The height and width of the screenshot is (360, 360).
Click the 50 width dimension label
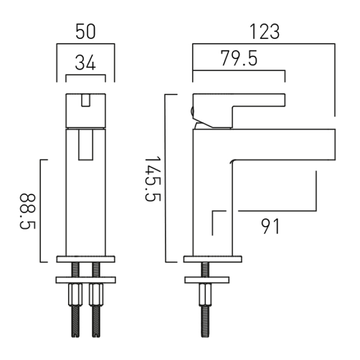tap(85, 31)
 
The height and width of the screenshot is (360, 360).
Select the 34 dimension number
tap(85, 63)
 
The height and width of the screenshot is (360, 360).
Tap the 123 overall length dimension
tap(265, 31)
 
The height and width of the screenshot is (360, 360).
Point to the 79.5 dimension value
tap(239, 58)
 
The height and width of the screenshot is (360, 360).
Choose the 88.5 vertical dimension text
tap(27, 211)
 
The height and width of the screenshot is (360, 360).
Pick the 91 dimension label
tap(270, 226)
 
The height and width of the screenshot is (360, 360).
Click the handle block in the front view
tap(85, 110)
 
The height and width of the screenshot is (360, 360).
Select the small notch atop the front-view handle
tap(85, 100)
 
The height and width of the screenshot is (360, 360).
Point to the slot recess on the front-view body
tap(85, 144)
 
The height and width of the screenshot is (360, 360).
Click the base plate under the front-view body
tap(85, 259)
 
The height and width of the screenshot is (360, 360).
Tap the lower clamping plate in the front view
tap(85, 280)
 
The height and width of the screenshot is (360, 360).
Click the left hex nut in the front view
tap(75, 295)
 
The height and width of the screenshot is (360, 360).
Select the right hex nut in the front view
tap(96, 295)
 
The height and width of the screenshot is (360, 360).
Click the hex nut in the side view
tap(205, 295)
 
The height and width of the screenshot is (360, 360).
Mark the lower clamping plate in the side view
tap(207, 280)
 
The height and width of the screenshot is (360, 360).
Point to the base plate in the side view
tap(212, 259)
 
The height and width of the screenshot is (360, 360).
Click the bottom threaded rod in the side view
tap(205, 321)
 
